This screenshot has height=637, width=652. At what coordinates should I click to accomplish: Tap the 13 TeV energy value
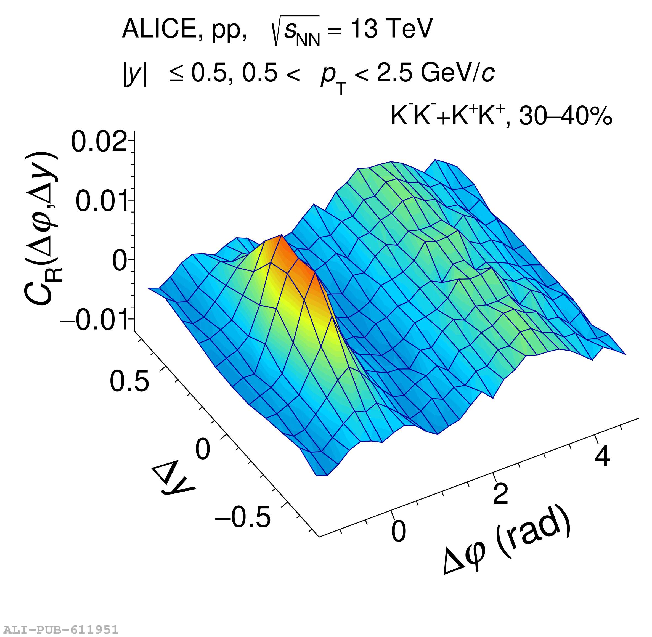pos(391,29)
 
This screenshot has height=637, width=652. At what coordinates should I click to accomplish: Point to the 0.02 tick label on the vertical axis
pos(99,142)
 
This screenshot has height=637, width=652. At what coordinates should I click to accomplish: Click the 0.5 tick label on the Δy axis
pos(129,381)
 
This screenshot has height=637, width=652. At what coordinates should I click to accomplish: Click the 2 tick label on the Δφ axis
pos(500,494)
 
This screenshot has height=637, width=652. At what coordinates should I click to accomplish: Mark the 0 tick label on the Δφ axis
pos(398,531)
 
